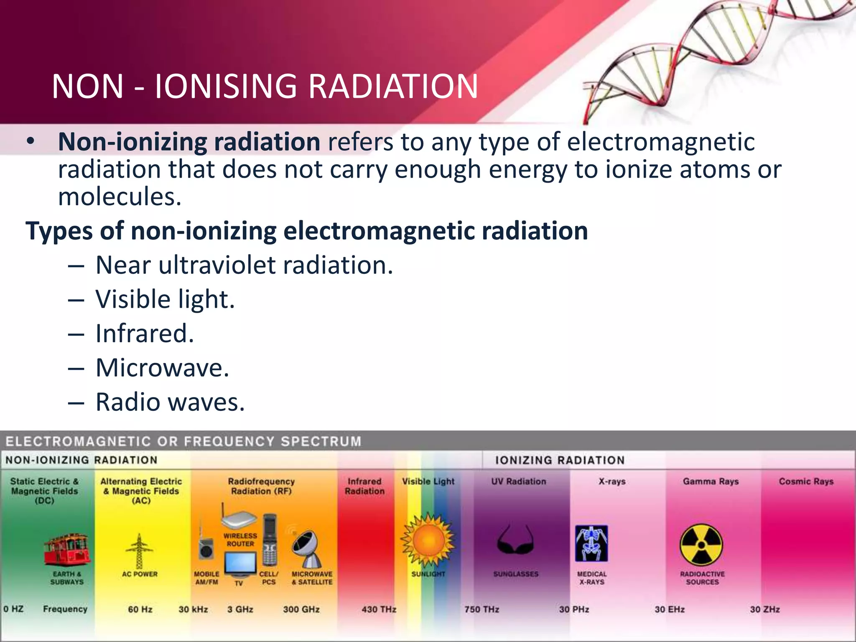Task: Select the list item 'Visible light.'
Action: pos(165,300)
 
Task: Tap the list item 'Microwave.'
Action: pos(162,368)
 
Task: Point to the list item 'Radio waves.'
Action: pos(170,403)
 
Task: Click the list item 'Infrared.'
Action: pos(145,334)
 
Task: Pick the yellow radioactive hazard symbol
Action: pos(701,545)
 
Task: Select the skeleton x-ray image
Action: pos(591,543)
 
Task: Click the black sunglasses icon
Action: pos(516,541)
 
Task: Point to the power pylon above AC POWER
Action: pos(139,551)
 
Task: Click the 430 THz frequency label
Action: pos(379,609)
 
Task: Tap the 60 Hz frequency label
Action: pos(140,609)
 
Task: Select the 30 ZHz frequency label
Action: pos(764,609)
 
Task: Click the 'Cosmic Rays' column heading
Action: pos(806,481)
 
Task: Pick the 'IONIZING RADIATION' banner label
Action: pos(560,460)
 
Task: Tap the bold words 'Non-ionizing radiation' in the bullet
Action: pos(189,142)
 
